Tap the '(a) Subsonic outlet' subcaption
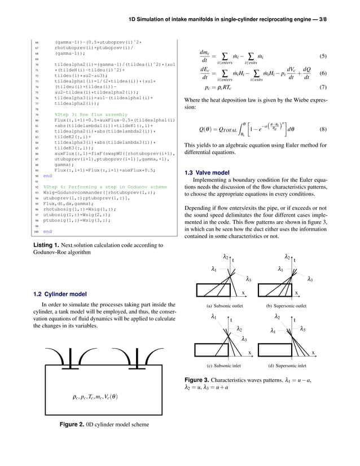pos(221,305)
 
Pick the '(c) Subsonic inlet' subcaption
pos(221,365)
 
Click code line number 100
pos(36,231)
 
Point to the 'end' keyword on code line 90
pos(47,175)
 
